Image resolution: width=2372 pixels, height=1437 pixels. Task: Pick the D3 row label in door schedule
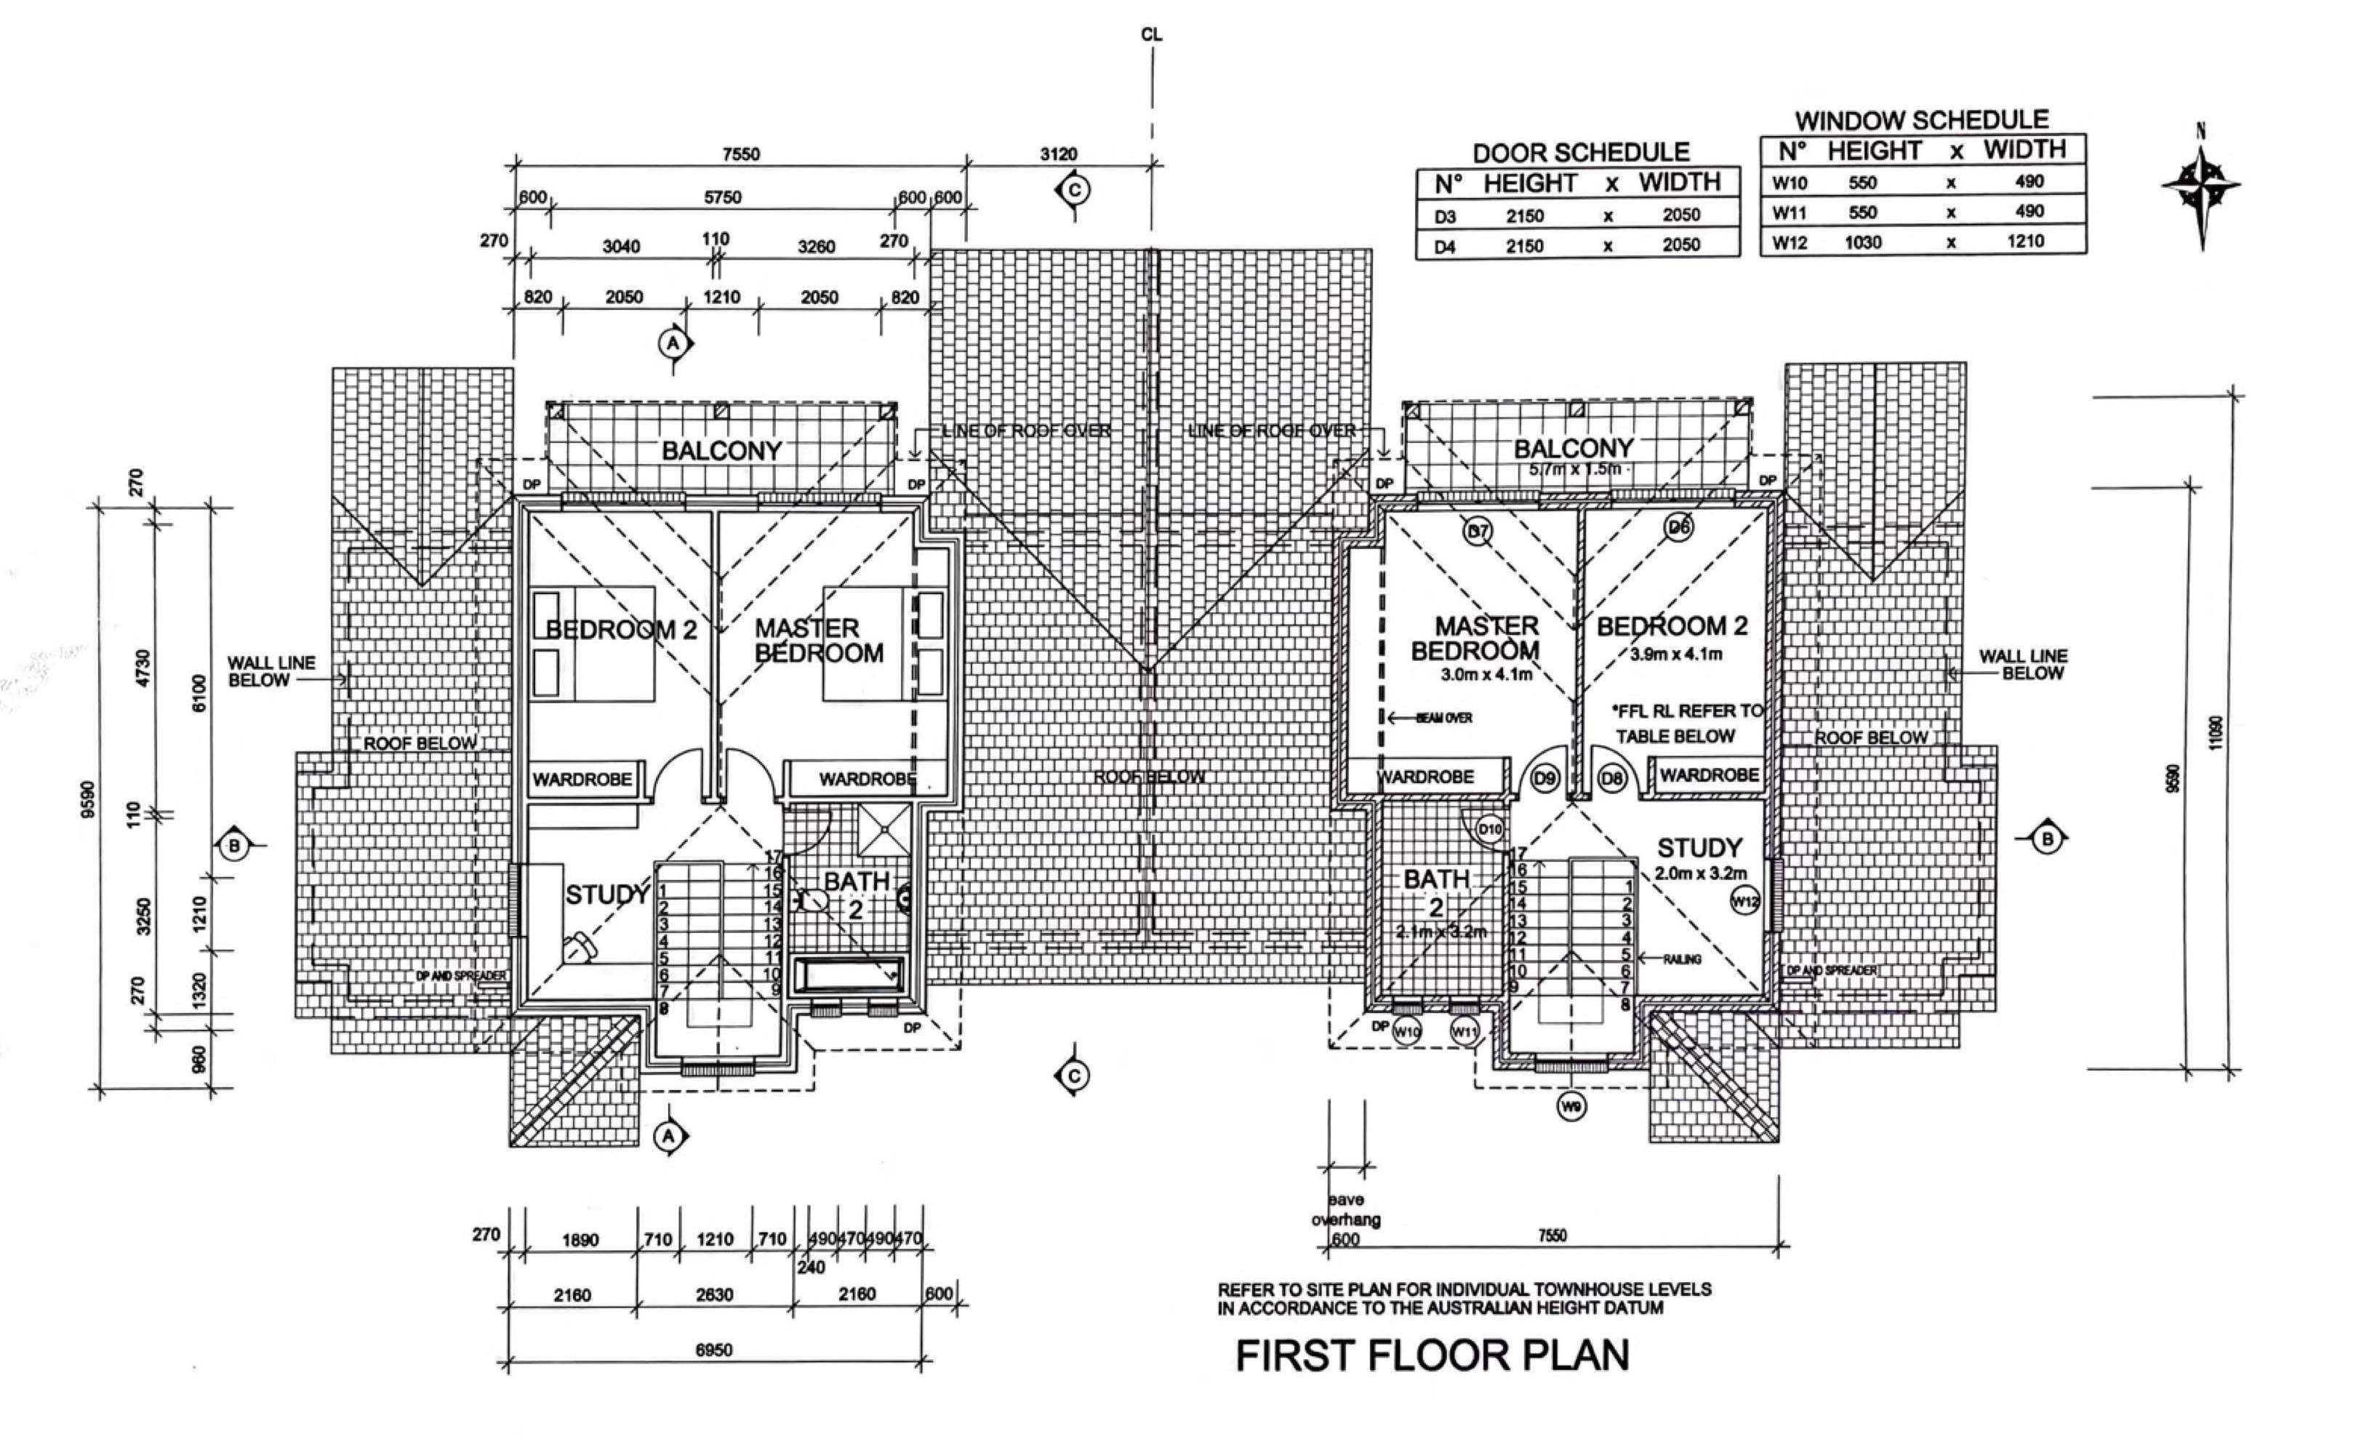click(x=1445, y=217)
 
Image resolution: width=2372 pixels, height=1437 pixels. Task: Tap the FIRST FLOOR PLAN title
click(x=1433, y=1356)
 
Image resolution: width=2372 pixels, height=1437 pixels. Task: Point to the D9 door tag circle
click(x=1545, y=777)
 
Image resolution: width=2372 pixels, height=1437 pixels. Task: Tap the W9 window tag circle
click(x=1572, y=1108)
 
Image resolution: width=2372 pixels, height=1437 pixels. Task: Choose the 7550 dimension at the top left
click(x=740, y=154)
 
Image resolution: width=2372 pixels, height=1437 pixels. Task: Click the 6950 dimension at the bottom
click(x=713, y=1350)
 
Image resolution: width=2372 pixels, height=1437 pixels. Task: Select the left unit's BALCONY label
click(x=721, y=450)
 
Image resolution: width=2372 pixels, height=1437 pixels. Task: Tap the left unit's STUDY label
click(x=606, y=895)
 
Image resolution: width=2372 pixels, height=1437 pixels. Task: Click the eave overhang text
click(x=1346, y=1210)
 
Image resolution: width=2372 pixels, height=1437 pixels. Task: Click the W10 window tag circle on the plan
click(x=1406, y=1033)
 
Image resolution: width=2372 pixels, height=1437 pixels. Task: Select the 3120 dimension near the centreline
click(x=1058, y=154)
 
